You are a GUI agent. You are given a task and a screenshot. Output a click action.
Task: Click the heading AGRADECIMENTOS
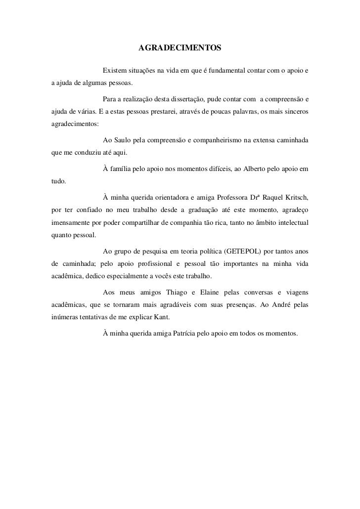point(180,48)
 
